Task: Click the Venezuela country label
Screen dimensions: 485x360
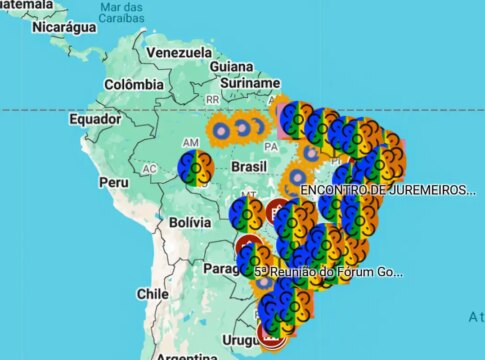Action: pos(179,52)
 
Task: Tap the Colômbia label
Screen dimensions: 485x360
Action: pos(133,85)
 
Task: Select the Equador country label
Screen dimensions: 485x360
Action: pos(95,119)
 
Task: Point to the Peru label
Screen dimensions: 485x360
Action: pos(113,184)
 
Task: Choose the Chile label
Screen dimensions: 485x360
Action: pos(153,294)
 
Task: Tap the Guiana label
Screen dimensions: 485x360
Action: pos(232,66)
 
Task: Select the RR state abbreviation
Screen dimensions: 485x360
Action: pos(212,100)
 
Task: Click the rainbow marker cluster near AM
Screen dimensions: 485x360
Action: pos(196,167)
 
